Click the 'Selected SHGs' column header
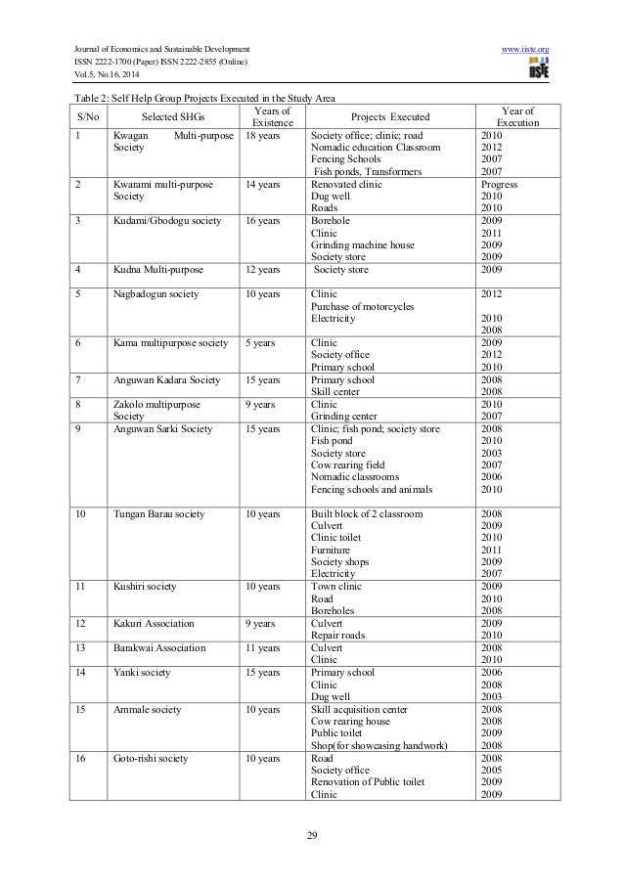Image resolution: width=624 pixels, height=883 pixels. [171, 117]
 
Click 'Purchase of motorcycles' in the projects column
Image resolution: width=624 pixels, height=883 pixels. [361, 306]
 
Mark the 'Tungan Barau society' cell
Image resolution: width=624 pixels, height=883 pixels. [158, 513]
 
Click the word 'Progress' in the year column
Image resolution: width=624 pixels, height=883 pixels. [499, 184]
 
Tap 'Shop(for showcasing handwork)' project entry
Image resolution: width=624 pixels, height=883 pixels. [379, 746]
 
